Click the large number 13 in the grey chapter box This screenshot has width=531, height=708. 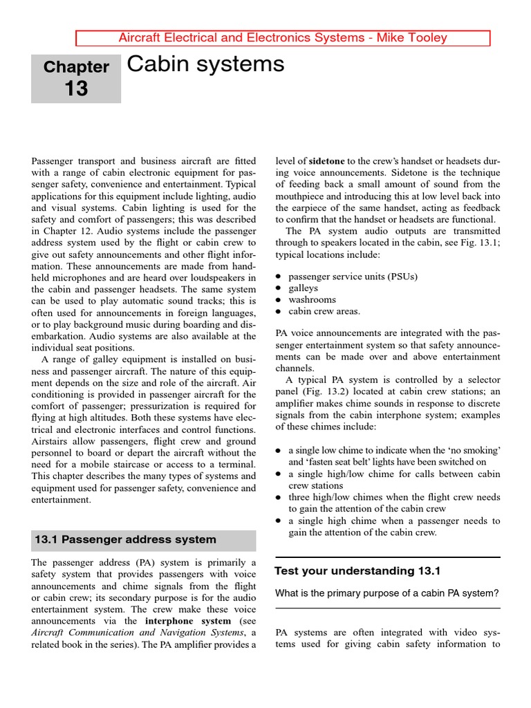pos(76,88)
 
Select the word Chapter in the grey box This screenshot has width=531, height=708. pos(76,67)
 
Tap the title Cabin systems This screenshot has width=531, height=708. pos(206,64)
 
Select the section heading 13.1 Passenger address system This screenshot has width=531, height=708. pos(125,539)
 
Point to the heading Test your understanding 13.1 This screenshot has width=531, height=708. pos(357,571)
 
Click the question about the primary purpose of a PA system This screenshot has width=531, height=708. pos(386,593)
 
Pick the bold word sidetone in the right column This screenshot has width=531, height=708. pos(326,162)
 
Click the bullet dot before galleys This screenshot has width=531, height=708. pos(278,288)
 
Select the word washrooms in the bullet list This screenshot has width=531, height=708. pos(312,300)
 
